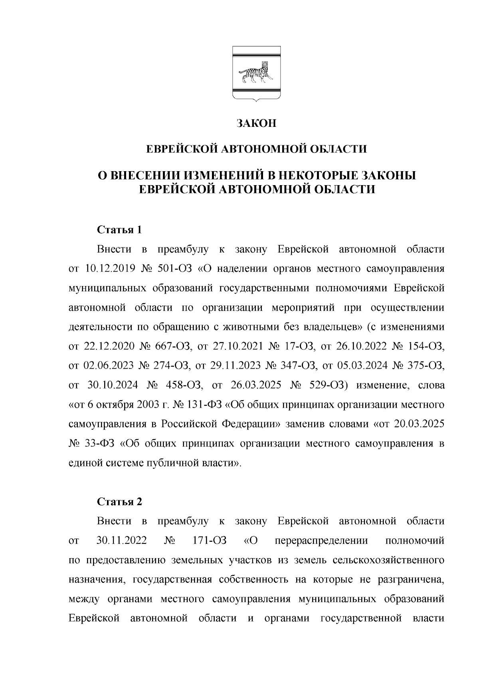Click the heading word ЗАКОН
point(256,123)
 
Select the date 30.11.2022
point(122,541)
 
